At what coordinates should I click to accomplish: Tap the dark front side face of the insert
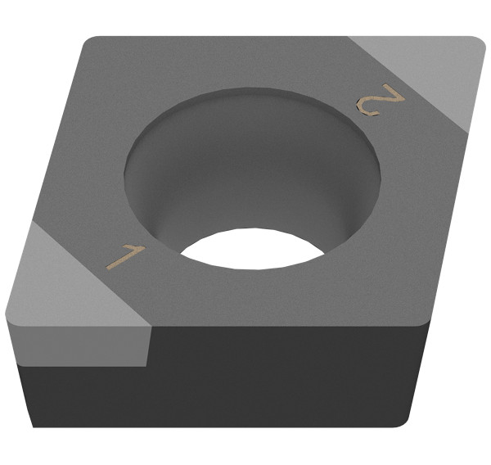click(x=286, y=377)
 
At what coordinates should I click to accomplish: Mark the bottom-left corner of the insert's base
click(x=33, y=427)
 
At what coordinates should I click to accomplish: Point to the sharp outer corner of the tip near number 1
click(x=8, y=314)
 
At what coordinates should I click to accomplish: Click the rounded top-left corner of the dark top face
click(x=88, y=41)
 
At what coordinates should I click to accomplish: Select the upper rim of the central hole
click(x=253, y=91)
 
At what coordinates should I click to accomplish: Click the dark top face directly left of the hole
click(x=90, y=164)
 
